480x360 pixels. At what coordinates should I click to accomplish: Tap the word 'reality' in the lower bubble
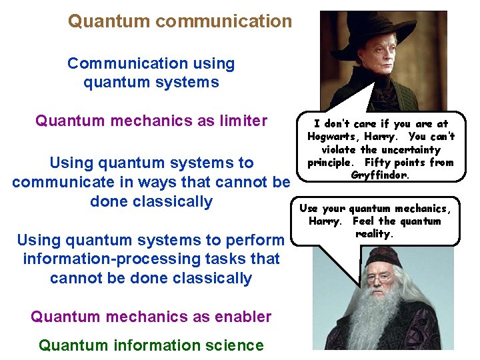pos(375,234)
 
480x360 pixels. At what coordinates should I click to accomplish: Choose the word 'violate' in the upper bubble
pos(339,150)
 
